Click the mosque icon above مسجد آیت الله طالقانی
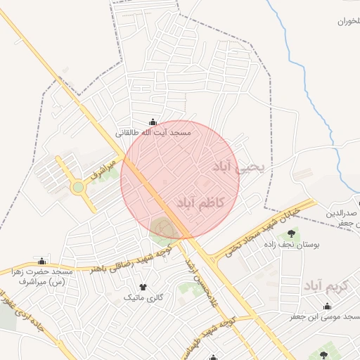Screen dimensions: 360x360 (153, 122)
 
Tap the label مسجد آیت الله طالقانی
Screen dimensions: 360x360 (153, 132)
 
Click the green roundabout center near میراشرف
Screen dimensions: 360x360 (78, 187)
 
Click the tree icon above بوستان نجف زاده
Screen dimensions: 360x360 (291, 233)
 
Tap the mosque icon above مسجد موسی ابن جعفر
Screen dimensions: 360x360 (327, 306)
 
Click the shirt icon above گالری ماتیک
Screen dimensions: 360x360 (143, 287)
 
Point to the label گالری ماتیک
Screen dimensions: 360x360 (143, 297)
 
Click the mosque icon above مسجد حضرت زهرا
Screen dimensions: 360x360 (41, 262)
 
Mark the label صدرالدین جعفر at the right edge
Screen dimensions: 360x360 (343, 217)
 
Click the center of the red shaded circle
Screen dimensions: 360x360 (180, 180)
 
